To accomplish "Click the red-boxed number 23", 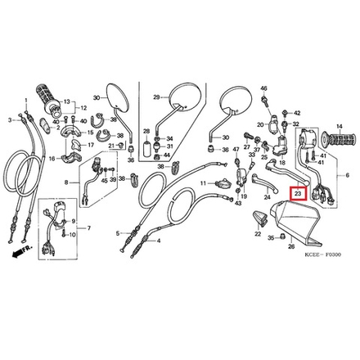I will (298, 195).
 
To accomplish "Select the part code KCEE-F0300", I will (321, 254).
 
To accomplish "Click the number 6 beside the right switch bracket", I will (347, 176).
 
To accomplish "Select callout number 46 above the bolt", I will (264, 88).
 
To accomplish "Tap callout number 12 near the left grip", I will (85, 107).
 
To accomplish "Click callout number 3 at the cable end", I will (11, 120).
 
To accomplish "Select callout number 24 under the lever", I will (267, 197).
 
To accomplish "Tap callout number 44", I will (168, 155).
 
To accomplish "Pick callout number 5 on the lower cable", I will (117, 232).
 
